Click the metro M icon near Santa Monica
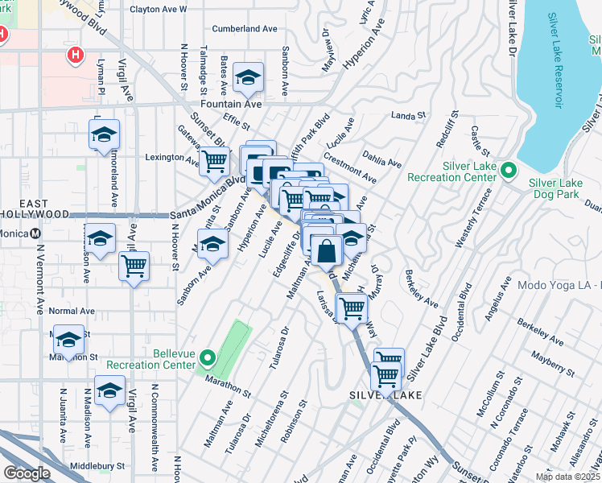click(35, 233)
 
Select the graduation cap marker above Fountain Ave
click(249, 78)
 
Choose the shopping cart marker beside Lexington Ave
click(214, 161)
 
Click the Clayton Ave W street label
click(158, 10)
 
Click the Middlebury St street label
click(97, 465)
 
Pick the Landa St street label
click(408, 116)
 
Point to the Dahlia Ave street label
click(383, 163)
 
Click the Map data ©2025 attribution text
click(567, 477)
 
